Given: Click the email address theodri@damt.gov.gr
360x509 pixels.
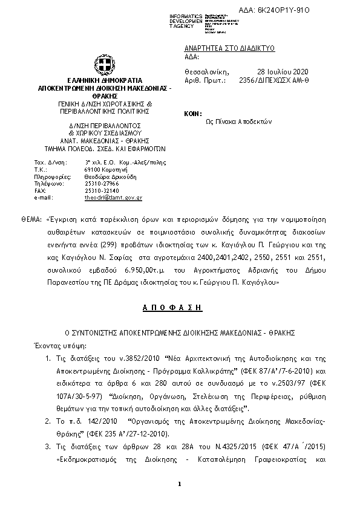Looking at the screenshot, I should click(x=113, y=198).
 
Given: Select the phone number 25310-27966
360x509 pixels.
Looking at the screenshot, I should click(x=102, y=183).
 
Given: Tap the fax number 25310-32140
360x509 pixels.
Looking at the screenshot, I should click(x=102, y=190).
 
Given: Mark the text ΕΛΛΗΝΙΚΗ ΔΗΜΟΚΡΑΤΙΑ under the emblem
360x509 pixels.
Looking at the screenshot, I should click(x=105, y=80).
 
